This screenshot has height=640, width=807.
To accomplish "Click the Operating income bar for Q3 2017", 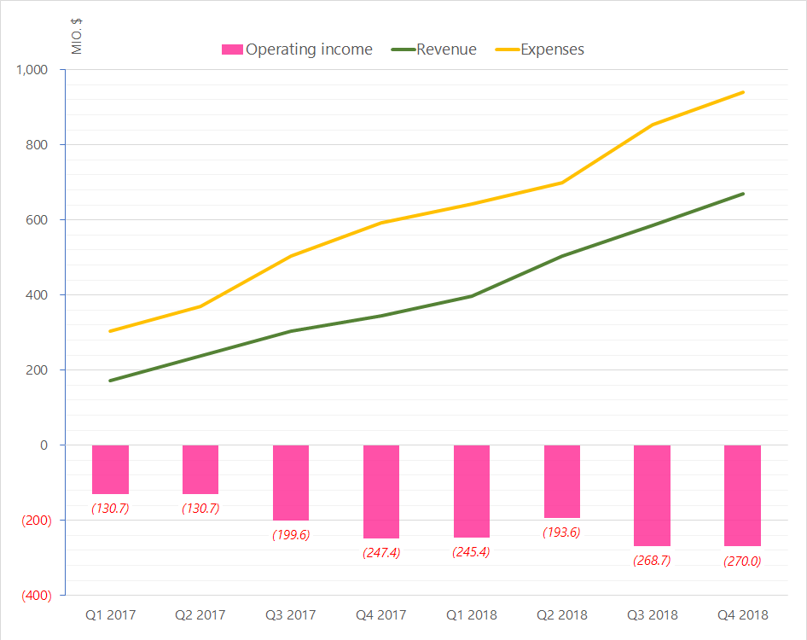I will tap(291, 482).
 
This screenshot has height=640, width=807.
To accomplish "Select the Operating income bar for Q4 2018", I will tap(742, 495).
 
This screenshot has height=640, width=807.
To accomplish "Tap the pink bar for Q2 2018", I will tap(561, 481).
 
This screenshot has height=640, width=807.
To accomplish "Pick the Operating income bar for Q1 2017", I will tap(110, 469).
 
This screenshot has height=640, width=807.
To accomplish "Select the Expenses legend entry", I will tap(551, 49).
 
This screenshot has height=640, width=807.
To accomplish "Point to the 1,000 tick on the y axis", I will tap(36, 70).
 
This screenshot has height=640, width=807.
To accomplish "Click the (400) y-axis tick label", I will tap(35, 596).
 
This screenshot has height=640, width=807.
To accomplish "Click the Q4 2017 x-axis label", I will tap(380, 614).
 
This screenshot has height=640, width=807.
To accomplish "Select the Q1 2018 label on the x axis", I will tap(471, 614).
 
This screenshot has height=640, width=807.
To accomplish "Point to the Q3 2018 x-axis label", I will tap(652, 614).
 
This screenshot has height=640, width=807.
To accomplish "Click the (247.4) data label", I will tap(381, 552).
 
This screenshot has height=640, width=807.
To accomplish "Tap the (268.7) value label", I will tap(652, 561).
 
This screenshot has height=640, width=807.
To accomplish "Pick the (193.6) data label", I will tap(561, 532).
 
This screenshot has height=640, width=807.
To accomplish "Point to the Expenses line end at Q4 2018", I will tap(743, 92).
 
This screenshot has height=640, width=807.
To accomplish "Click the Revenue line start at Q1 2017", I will tap(111, 381).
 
